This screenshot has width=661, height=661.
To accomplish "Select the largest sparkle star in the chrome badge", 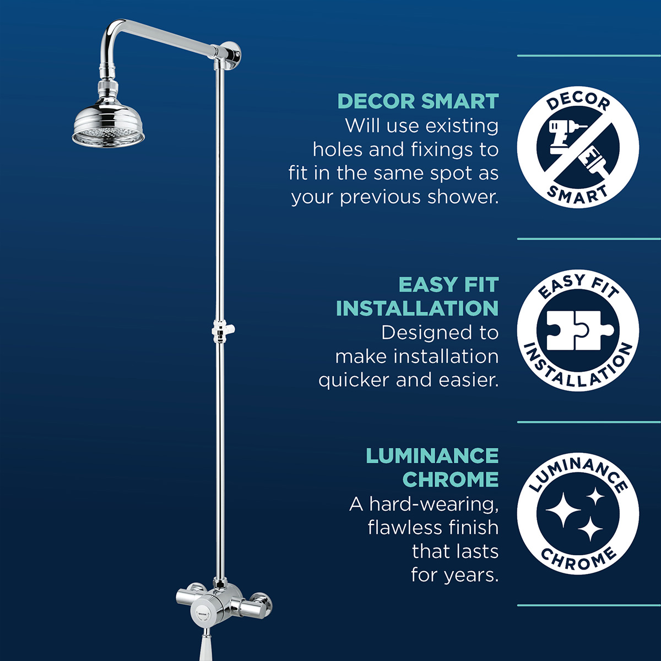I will coord(563,509).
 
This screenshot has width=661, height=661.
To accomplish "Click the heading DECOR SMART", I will coord(418,102).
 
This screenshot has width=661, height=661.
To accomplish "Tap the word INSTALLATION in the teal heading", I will coord(417,308).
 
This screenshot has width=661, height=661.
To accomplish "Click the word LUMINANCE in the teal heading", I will coord(432,456).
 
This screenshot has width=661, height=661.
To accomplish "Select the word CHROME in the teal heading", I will coord(451,480).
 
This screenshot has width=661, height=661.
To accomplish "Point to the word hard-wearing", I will coord(434,504).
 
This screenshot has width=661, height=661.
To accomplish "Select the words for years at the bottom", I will coord(454,575).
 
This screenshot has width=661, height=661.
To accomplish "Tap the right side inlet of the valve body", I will coord(258,603).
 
